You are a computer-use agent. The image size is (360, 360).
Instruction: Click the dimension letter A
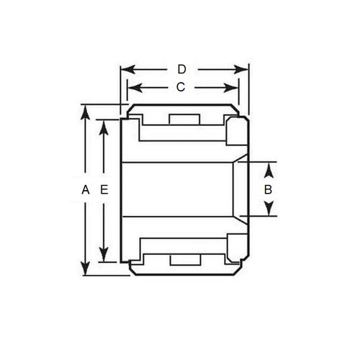click(x=85, y=190)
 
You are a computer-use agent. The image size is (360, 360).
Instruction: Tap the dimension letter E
click(x=104, y=190)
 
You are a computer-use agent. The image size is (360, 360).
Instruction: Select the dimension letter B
click(x=268, y=190)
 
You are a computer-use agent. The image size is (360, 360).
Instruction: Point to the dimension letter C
click(x=182, y=87)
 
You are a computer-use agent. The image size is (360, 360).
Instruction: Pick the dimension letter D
click(x=182, y=70)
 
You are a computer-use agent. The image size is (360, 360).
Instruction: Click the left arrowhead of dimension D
click(x=125, y=70)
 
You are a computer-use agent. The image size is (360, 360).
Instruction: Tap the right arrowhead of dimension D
click(x=244, y=70)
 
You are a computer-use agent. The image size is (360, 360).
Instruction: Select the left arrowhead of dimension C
click(x=130, y=87)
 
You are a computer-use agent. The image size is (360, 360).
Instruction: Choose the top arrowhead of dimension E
click(x=104, y=124)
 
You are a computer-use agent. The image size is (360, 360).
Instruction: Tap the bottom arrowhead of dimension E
click(x=104, y=258)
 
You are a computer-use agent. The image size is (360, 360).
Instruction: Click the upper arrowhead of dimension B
click(x=268, y=168)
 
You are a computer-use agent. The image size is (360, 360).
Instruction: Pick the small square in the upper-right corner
click(x=235, y=132)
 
